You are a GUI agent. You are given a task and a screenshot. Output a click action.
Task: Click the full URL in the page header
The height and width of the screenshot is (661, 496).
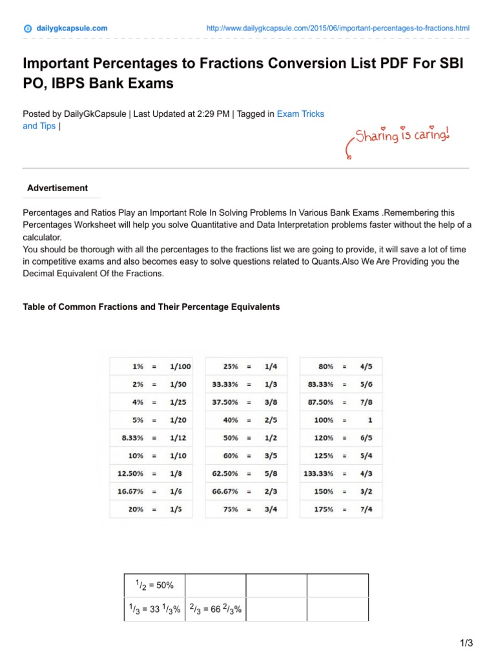click(x=338, y=28)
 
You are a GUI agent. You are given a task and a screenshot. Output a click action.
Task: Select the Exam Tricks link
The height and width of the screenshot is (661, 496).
click(x=300, y=114)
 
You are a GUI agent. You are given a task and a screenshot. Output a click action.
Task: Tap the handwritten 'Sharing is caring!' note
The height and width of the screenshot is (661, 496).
click(x=400, y=136)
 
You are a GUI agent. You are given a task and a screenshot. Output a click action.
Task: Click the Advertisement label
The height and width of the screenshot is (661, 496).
click(x=57, y=188)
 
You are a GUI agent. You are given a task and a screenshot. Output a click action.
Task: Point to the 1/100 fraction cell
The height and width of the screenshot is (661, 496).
click(x=180, y=366)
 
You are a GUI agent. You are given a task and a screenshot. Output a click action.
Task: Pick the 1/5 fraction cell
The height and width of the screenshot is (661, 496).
click(x=176, y=509)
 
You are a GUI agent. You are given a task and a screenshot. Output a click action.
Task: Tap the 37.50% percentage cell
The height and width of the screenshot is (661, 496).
click(x=225, y=402)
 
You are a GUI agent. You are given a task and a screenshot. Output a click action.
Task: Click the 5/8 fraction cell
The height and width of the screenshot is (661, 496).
click(x=271, y=473)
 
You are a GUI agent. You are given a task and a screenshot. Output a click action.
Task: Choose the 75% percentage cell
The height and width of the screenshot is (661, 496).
click(x=231, y=509)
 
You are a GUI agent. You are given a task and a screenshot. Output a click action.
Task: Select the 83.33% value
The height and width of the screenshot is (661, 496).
click(x=321, y=384)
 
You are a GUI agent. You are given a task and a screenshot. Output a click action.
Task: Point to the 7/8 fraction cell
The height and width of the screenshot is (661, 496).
click(x=366, y=402)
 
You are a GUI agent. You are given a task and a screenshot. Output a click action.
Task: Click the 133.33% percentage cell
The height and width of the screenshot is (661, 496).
click(x=319, y=473)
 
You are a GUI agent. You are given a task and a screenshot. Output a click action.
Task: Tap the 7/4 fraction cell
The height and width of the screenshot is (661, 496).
click(x=366, y=509)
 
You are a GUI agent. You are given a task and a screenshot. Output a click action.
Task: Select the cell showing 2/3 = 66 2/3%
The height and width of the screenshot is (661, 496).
click(x=215, y=609)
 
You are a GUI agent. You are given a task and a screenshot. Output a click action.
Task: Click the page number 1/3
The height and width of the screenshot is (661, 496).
click(x=466, y=643)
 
